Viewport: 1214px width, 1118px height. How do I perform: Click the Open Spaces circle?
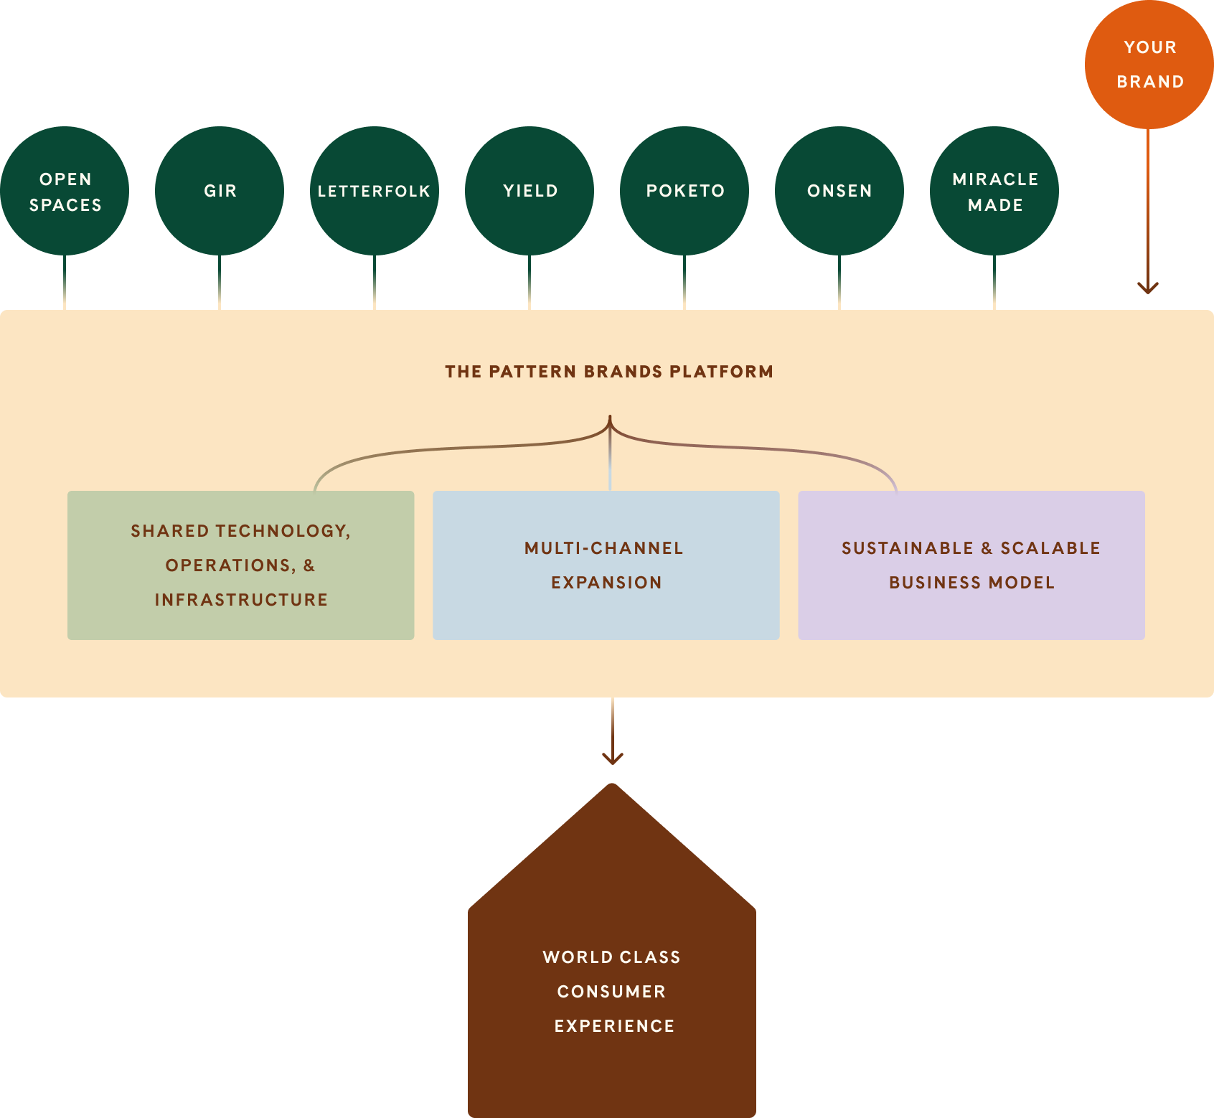65,191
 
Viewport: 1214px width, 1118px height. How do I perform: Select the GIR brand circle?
220,191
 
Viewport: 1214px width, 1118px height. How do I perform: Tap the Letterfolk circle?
375,191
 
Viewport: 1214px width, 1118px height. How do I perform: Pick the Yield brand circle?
530,191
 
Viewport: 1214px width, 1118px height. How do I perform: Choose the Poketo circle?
684,191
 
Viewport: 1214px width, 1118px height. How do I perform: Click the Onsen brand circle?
839,191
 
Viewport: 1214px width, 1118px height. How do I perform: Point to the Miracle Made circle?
994,191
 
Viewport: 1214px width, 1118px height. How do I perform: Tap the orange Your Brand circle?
1149,65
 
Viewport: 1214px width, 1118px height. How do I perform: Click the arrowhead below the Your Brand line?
1148,288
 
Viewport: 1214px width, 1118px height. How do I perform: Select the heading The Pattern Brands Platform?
608,372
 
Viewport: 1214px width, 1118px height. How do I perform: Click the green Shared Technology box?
240,565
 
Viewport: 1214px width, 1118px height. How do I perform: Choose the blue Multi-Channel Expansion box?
606,565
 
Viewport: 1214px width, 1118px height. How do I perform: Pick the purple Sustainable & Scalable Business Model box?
971,565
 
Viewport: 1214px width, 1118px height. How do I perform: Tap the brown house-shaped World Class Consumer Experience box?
612,990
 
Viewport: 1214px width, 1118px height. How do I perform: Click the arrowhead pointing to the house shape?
613,758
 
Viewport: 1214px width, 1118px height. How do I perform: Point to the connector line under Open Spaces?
65,283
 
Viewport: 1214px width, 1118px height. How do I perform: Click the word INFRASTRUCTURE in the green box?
241,600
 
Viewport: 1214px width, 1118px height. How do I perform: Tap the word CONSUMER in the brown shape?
611,992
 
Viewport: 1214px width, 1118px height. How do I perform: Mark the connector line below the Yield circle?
530,283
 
